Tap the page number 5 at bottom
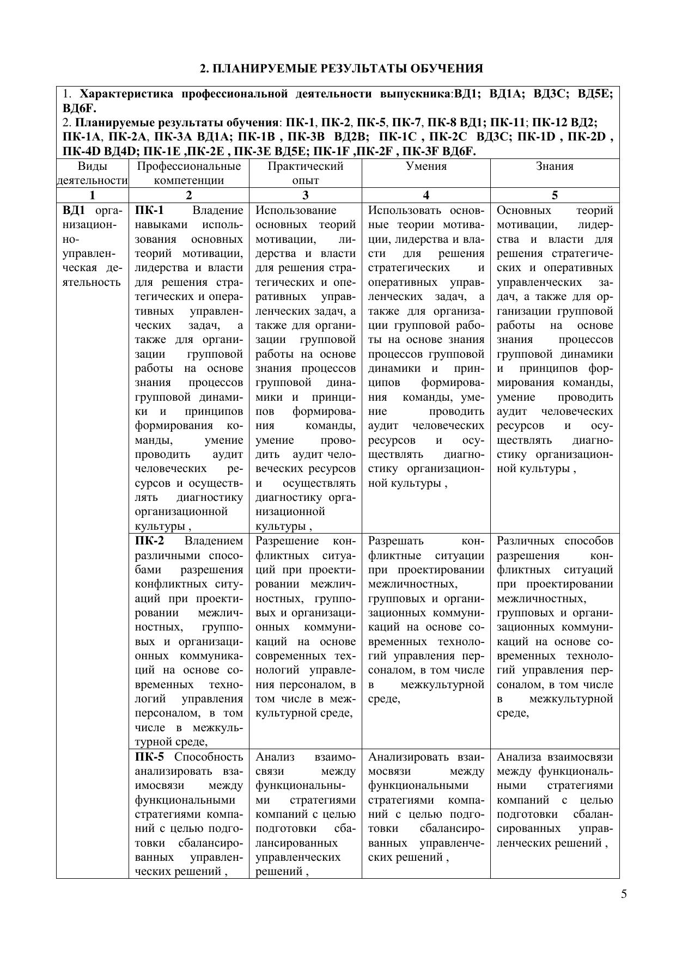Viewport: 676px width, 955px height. pyautogui.click(x=624, y=894)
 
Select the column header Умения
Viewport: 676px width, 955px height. pyautogui.click(x=426, y=167)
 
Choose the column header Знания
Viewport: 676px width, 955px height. pyautogui.click(x=555, y=167)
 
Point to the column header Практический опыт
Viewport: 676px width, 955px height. pyautogui.click(x=305, y=173)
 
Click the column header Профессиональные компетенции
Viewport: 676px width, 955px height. pyautogui.click(x=188, y=173)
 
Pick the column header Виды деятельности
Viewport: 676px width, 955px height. pyautogui.click(x=93, y=173)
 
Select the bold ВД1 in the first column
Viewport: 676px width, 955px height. pyautogui.click(x=74, y=211)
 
